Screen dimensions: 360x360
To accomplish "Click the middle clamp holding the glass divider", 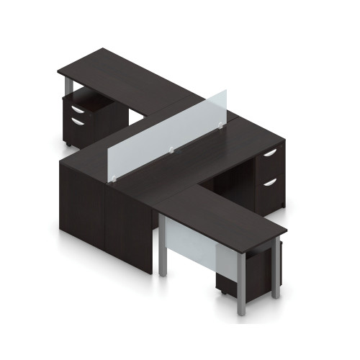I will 170,150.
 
